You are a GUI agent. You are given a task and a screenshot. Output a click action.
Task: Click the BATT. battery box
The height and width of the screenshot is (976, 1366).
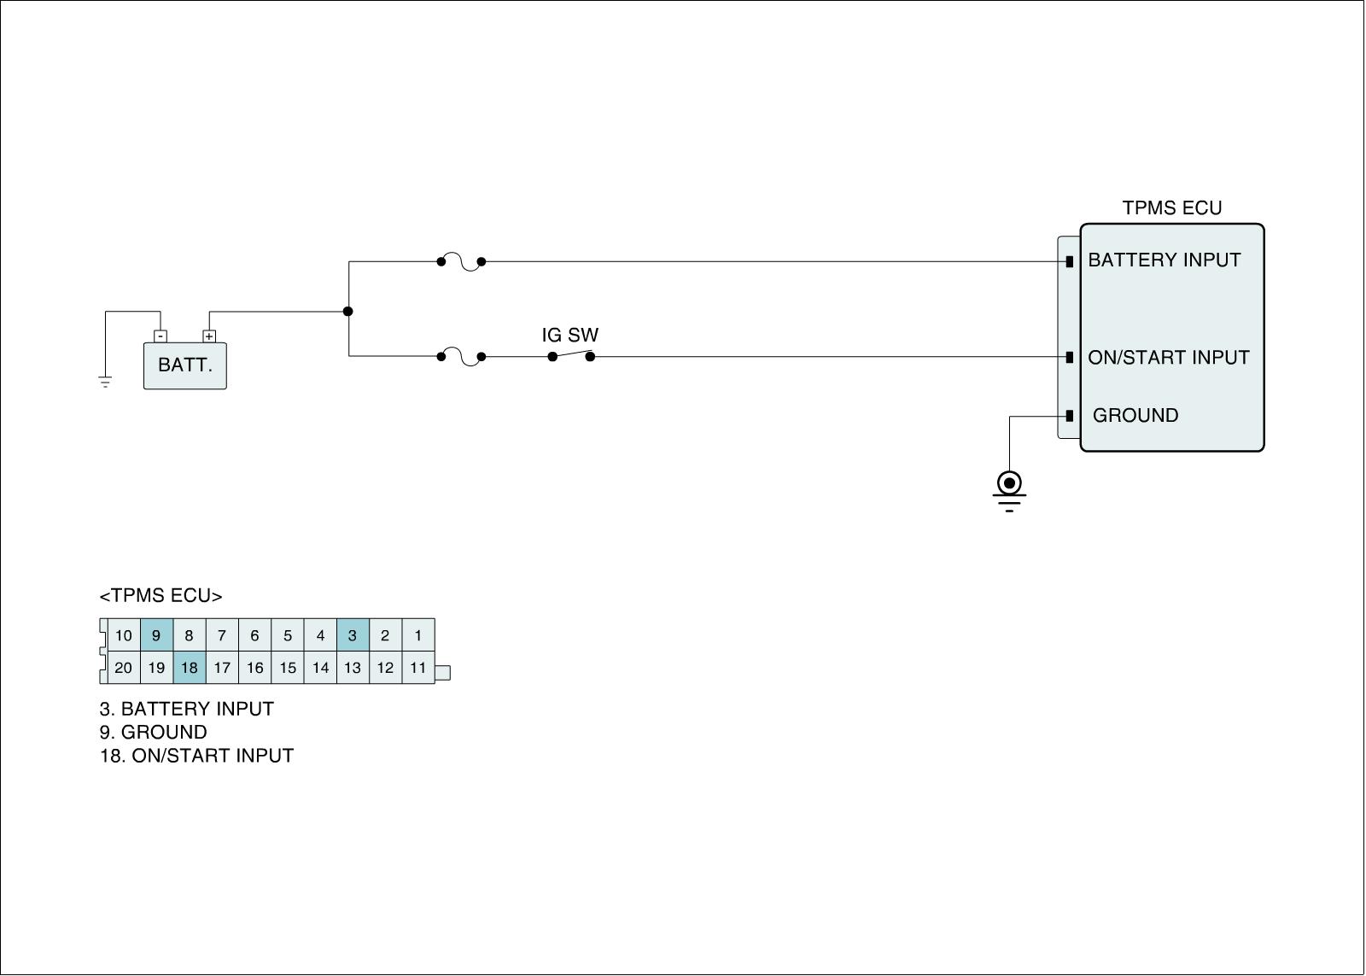click(x=184, y=365)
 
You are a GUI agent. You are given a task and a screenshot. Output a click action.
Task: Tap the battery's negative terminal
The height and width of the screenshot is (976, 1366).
click(x=161, y=336)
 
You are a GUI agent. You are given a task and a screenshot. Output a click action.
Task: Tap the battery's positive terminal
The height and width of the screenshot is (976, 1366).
click(x=209, y=336)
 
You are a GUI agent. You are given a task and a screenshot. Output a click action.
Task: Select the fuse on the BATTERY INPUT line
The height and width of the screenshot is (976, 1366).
click(x=461, y=262)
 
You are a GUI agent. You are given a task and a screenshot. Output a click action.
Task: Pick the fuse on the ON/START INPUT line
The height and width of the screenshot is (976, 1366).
click(x=461, y=357)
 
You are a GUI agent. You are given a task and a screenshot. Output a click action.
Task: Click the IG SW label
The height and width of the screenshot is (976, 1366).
click(x=570, y=336)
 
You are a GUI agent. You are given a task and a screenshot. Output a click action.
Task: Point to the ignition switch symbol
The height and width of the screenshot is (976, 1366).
click(x=571, y=355)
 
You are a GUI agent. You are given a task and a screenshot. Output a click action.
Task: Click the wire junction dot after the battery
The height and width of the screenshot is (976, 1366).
click(x=348, y=311)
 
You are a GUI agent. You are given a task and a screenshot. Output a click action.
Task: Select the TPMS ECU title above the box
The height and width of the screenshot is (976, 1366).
click(x=1171, y=208)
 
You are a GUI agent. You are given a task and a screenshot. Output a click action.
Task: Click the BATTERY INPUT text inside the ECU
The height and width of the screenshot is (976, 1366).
click(x=1164, y=260)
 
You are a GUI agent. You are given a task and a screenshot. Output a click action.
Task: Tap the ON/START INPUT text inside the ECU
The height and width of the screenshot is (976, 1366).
click(x=1168, y=358)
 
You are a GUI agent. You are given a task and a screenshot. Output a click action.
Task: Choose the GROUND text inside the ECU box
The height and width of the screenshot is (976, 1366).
click(x=1135, y=416)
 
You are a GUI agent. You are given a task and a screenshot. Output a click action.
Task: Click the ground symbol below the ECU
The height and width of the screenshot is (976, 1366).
click(x=1009, y=490)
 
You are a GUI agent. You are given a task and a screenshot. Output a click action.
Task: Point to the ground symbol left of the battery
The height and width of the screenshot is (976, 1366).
click(x=105, y=381)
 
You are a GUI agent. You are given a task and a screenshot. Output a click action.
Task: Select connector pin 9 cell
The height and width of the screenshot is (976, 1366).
click(x=156, y=635)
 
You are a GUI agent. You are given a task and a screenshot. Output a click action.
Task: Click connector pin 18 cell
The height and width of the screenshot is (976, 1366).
click(x=189, y=668)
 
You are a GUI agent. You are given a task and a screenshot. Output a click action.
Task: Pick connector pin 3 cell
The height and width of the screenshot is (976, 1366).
click(x=353, y=635)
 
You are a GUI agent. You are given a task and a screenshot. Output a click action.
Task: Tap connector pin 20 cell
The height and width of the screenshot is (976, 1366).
click(x=124, y=668)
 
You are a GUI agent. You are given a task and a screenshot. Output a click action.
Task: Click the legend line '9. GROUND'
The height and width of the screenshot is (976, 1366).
click(x=154, y=733)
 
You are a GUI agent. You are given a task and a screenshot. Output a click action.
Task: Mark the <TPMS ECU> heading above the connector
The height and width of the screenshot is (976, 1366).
click(x=161, y=596)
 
